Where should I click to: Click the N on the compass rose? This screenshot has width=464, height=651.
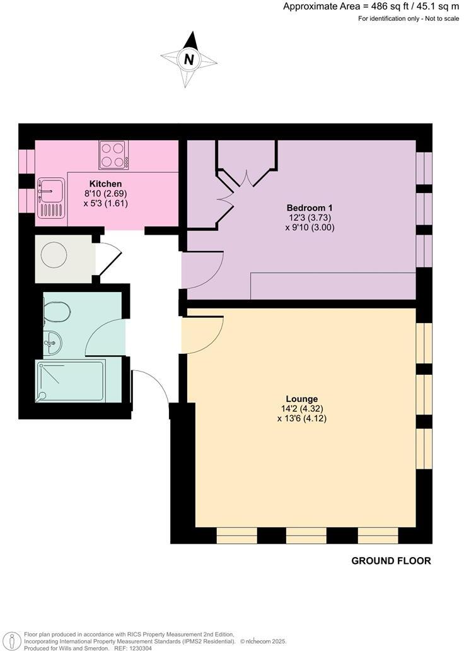pos(188,60)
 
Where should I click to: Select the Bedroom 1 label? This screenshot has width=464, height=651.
pos(309,208)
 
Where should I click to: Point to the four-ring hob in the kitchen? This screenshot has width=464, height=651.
pos(113,155)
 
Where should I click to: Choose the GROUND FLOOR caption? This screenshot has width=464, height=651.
pos(391,561)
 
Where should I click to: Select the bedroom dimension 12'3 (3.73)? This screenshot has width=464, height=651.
pos(309,218)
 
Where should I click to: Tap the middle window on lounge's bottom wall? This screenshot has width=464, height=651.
pos(306,536)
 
